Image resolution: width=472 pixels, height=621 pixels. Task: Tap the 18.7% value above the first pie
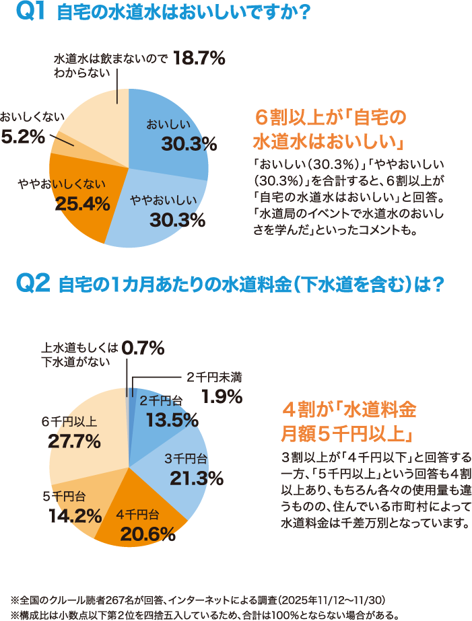[199, 59]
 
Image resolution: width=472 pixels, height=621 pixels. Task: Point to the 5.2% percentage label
[23, 137]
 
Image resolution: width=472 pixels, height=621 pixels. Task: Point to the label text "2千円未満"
[214, 378]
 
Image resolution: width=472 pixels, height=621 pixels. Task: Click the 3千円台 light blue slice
[182, 471]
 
